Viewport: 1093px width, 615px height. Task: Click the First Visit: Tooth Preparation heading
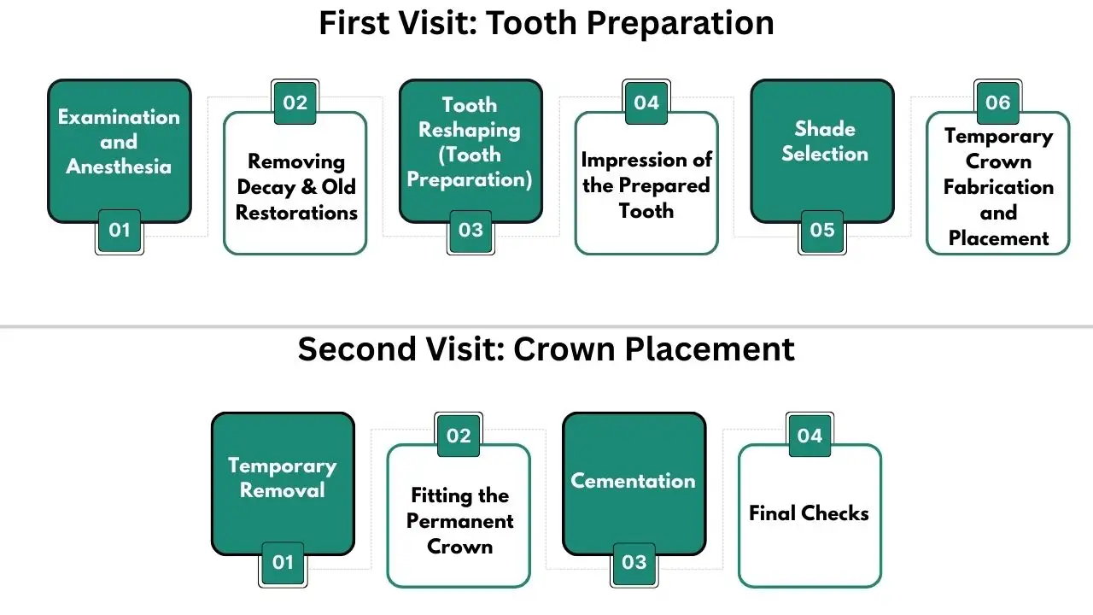point(546,23)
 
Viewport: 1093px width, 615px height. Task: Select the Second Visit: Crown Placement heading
point(546,349)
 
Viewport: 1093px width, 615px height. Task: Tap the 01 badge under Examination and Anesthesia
point(119,230)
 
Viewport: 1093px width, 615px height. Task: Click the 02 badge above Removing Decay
point(295,103)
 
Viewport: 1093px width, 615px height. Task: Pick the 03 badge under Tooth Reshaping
point(471,230)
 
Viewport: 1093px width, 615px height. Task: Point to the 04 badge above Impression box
point(646,103)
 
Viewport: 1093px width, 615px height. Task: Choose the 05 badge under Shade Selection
point(822,230)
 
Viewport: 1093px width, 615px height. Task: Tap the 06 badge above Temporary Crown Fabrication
point(998,103)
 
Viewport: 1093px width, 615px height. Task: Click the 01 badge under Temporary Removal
point(283,562)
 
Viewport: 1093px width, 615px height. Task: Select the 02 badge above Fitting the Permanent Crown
point(459,436)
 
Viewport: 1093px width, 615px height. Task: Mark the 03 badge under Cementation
point(634,562)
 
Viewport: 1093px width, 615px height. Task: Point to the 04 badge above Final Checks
point(810,436)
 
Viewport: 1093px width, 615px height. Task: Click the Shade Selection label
point(824,141)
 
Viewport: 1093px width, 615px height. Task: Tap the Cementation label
point(634,481)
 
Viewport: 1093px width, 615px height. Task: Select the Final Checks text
point(809,513)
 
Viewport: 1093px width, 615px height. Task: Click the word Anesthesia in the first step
point(119,167)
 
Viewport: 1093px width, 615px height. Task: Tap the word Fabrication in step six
point(998,187)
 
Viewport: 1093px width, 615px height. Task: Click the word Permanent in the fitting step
point(459,521)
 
